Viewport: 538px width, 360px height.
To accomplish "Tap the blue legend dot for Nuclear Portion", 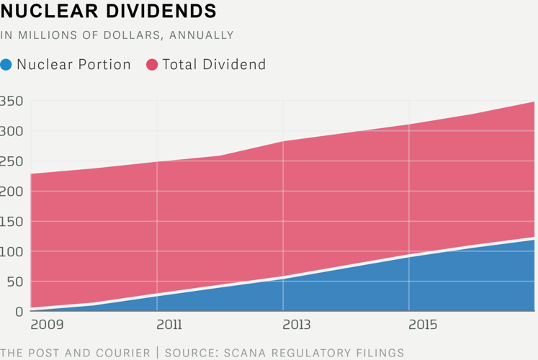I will pyautogui.click(x=6, y=65).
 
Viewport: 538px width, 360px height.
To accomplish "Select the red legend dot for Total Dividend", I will pyautogui.click(x=152, y=65).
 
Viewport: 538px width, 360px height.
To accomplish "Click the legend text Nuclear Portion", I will pyautogui.click(x=73, y=65).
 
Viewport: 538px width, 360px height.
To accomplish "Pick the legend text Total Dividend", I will pyautogui.click(x=214, y=65).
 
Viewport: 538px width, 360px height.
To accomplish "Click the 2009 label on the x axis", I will pyautogui.click(x=47, y=325).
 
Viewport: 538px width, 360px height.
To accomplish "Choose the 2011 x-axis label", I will pyautogui.click(x=169, y=325).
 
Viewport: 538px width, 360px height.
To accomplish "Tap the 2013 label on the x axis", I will pyautogui.click(x=295, y=325).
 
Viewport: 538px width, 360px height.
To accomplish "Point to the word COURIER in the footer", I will pyautogui.click(x=127, y=353).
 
